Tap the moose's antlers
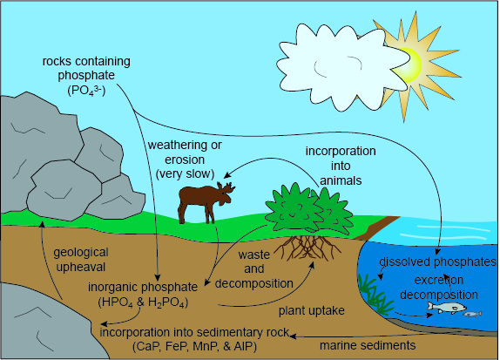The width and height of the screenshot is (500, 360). coord(226,188)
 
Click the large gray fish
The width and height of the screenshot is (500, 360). coord(447,308)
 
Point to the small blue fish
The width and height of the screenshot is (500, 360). coord(472,314)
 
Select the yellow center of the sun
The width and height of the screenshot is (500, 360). coord(409,65)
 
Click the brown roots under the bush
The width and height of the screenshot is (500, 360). coord(307,248)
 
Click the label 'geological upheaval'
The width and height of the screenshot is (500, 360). coord(81,260)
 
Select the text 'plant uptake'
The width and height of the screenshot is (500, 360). coord(312,310)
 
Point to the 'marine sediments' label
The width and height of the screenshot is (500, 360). coord(368,345)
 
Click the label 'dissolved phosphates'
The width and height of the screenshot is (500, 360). coord(438,262)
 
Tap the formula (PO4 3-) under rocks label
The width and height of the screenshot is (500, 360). coord(86,91)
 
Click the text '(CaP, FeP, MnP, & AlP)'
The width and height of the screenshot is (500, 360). coord(194,346)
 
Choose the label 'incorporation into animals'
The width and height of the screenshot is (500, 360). coord(341,166)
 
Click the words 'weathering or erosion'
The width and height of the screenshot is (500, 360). coord(185,153)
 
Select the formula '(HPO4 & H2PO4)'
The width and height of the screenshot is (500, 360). coord(143,302)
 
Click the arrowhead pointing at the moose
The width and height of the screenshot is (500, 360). coord(226,175)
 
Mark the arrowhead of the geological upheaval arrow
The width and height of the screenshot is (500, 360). coord(42,224)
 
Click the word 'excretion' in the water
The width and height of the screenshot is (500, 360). coord(439,280)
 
